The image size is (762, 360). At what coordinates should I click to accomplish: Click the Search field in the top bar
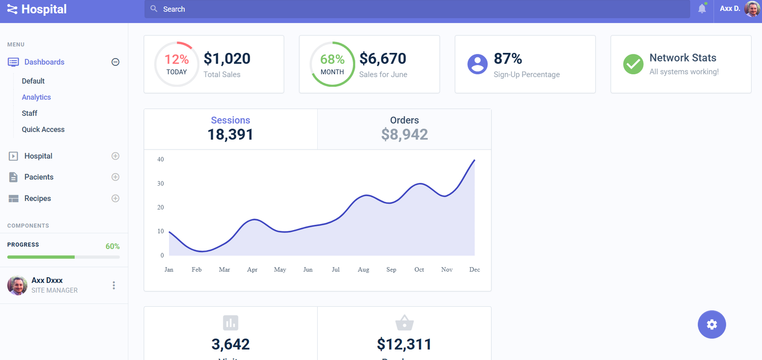(x=417, y=9)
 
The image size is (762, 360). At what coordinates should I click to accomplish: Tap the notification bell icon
(x=702, y=9)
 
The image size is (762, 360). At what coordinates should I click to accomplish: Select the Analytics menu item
(x=36, y=97)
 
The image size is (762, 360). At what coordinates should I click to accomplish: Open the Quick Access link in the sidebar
(x=43, y=130)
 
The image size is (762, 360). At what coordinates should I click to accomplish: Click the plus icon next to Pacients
(x=115, y=177)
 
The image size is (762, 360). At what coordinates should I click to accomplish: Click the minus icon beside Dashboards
(x=115, y=62)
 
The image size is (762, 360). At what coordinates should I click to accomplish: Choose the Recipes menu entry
(x=38, y=199)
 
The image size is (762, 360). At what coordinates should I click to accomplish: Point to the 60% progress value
(x=112, y=246)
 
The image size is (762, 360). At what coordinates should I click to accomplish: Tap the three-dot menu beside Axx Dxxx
(x=113, y=285)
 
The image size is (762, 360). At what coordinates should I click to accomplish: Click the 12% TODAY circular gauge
(x=177, y=64)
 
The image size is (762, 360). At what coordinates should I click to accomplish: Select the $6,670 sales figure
(x=382, y=59)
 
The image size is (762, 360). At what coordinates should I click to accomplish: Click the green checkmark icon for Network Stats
(x=633, y=64)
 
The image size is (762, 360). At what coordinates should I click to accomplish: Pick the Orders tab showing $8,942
(x=404, y=129)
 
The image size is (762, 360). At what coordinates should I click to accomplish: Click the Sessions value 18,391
(x=230, y=135)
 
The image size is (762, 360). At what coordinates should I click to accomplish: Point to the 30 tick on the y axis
(x=160, y=183)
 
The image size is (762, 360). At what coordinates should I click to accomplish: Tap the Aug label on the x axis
(x=363, y=270)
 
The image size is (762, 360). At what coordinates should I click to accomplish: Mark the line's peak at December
(x=474, y=160)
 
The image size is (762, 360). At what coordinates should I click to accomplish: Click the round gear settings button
(x=712, y=324)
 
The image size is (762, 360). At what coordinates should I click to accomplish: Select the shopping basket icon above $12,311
(x=404, y=323)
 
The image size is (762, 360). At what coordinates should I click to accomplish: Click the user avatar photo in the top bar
(x=752, y=9)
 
